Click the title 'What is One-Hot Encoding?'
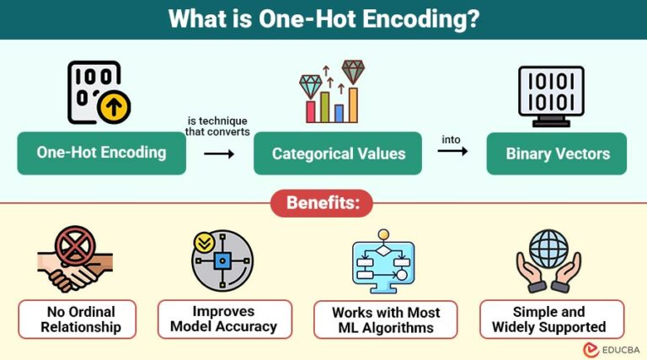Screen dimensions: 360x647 pyautogui.click(x=323, y=19)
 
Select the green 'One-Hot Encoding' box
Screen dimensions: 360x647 pyautogui.click(x=101, y=153)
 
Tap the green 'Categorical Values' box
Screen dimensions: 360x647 pyautogui.click(x=338, y=153)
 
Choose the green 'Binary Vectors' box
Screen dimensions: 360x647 pyautogui.click(x=556, y=153)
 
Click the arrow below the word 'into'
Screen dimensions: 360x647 pyautogui.click(x=452, y=151)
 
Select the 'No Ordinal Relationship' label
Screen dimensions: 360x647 pyautogui.click(x=81, y=320)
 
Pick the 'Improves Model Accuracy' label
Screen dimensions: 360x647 pyautogui.click(x=224, y=320)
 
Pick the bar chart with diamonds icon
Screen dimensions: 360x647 pyautogui.click(x=331, y=92)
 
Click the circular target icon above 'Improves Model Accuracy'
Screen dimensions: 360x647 pyautogui.click(x=222, y=261)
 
